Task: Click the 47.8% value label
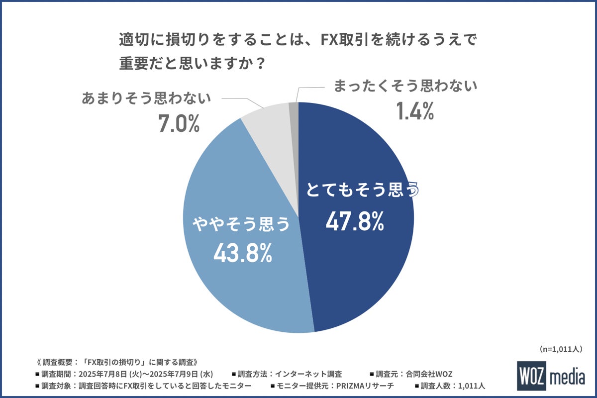coord(355,221)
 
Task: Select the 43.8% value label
coord(243,253)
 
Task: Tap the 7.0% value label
coord(179,123)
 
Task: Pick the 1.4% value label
coord(415,111)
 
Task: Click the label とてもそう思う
coord(363,190)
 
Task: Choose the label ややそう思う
coord(241,223)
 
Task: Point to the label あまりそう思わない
coord(146,98)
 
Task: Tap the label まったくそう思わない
coord(405,86)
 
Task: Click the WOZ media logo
coord(551,376)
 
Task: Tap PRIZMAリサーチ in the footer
coord(365,386)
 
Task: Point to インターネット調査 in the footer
coord(308,374)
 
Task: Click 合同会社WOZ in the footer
coord(429,374)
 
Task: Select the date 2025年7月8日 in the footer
coord(102,374)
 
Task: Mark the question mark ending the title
coord(261,64)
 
